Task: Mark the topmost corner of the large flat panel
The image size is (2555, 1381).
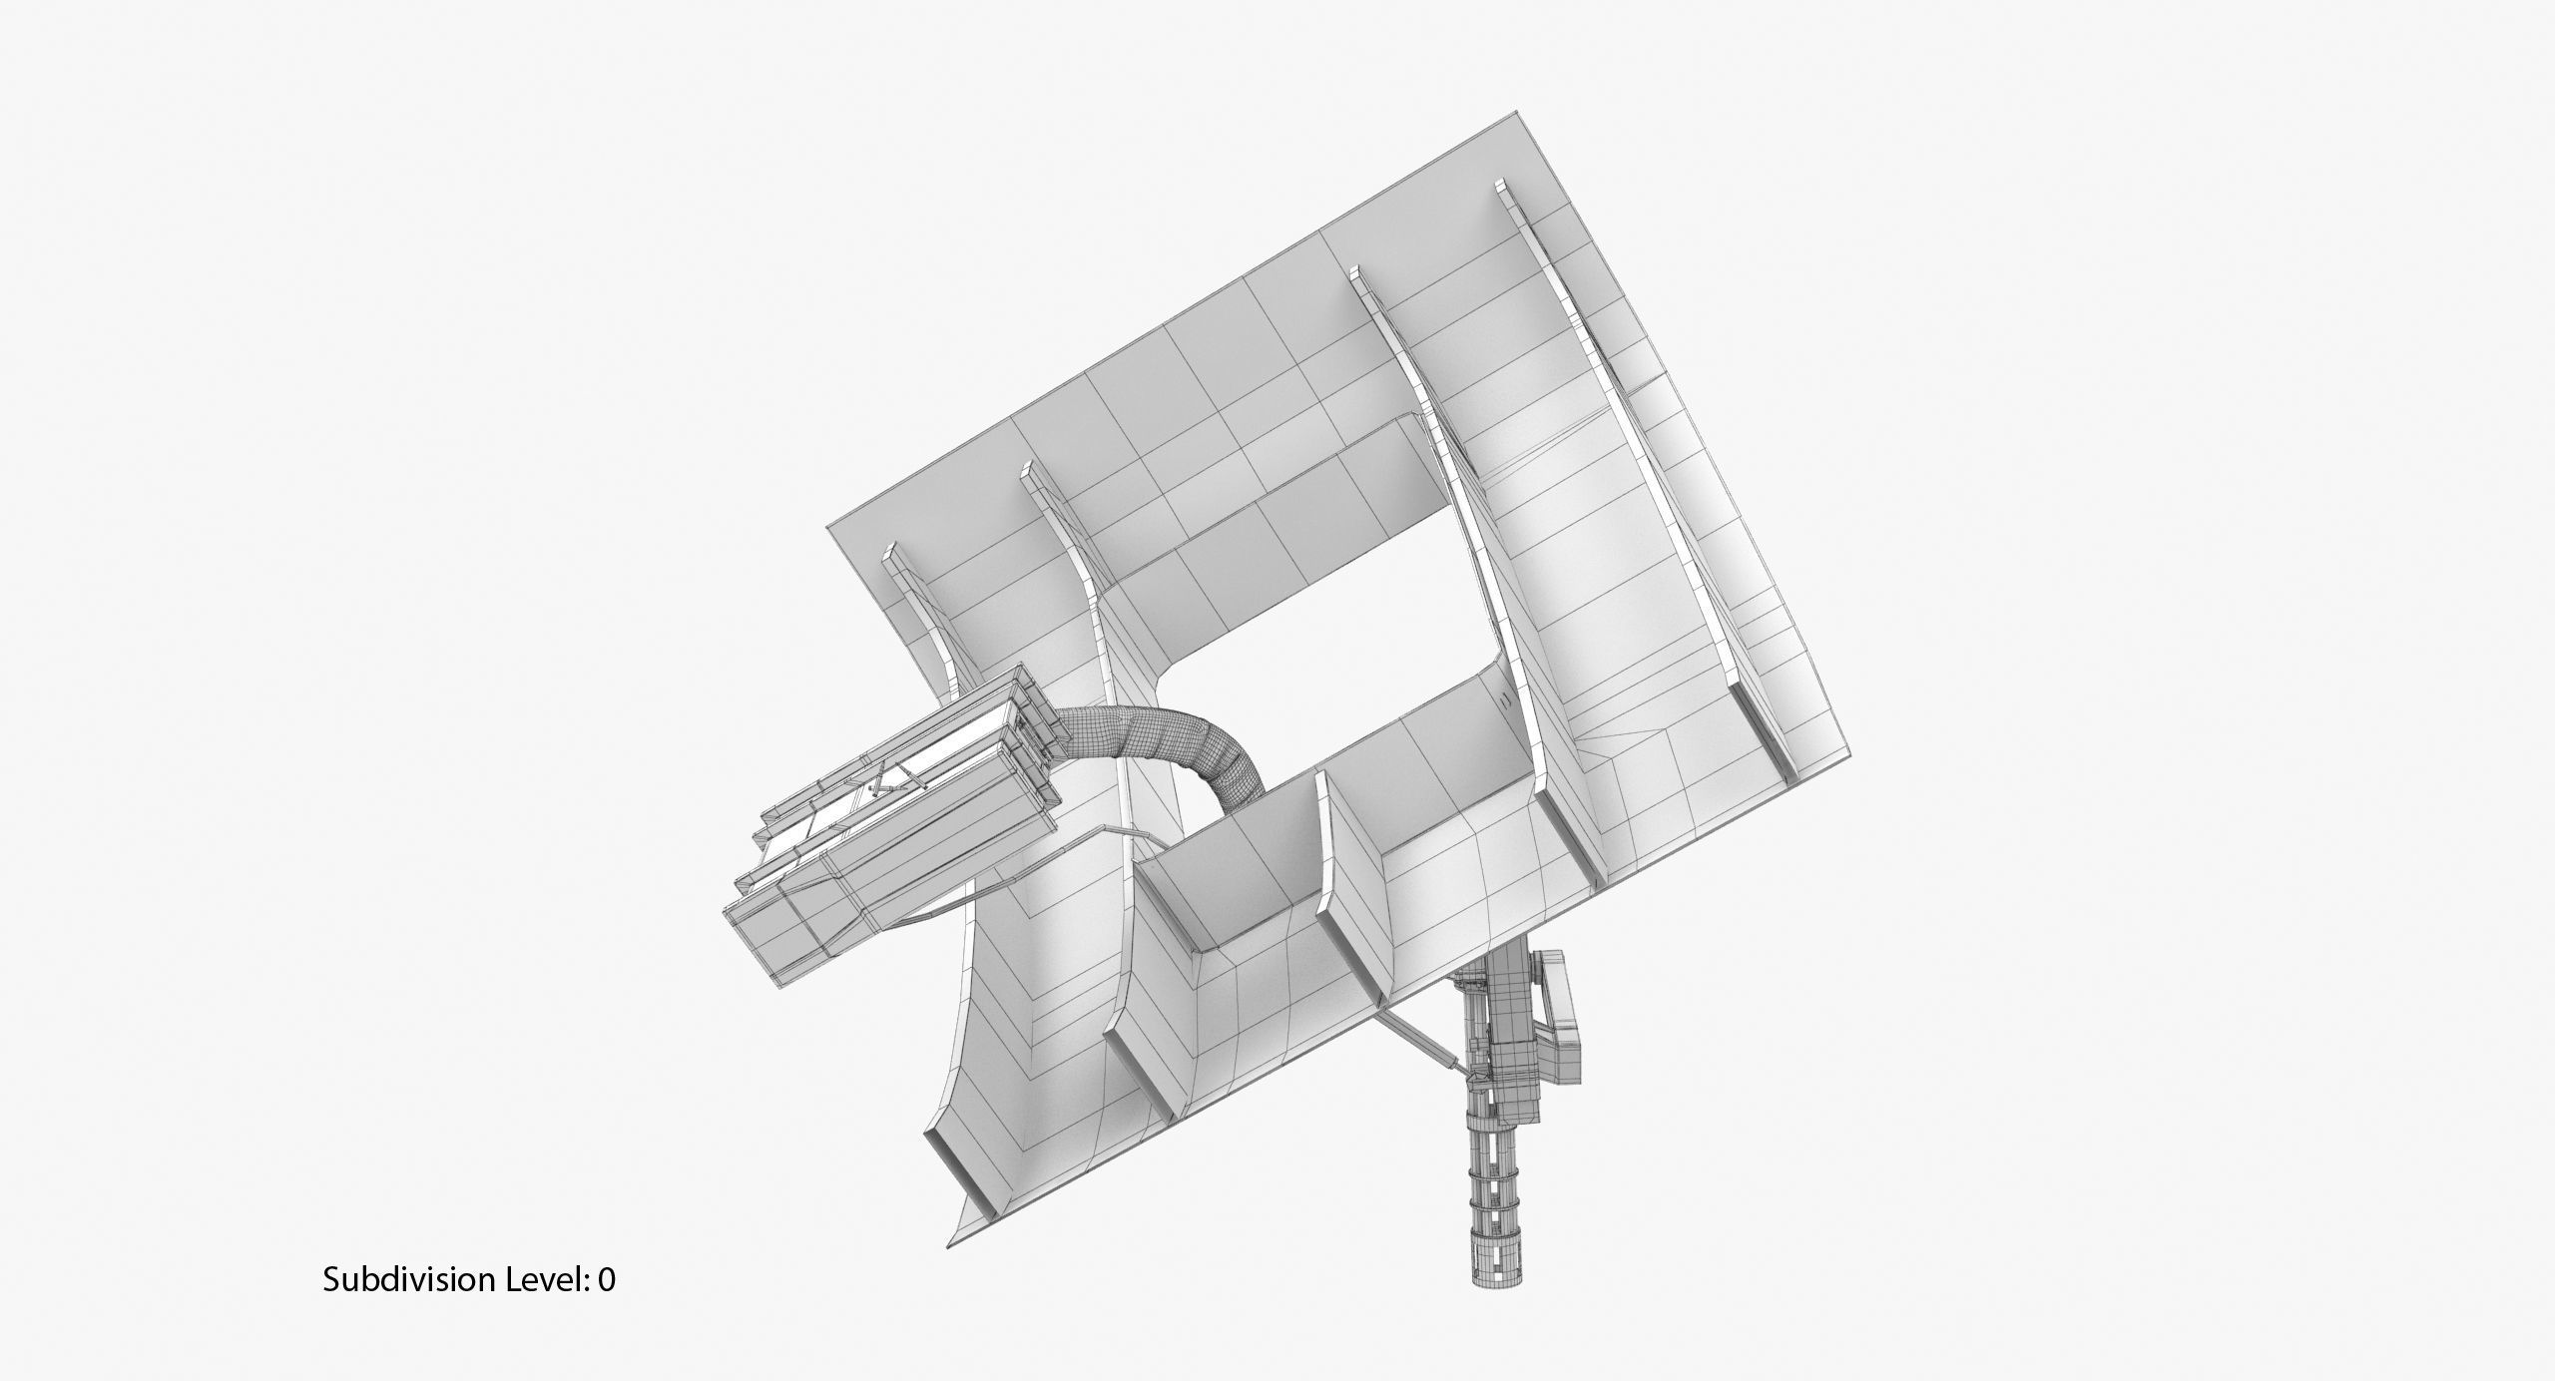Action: coord(1519,112)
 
